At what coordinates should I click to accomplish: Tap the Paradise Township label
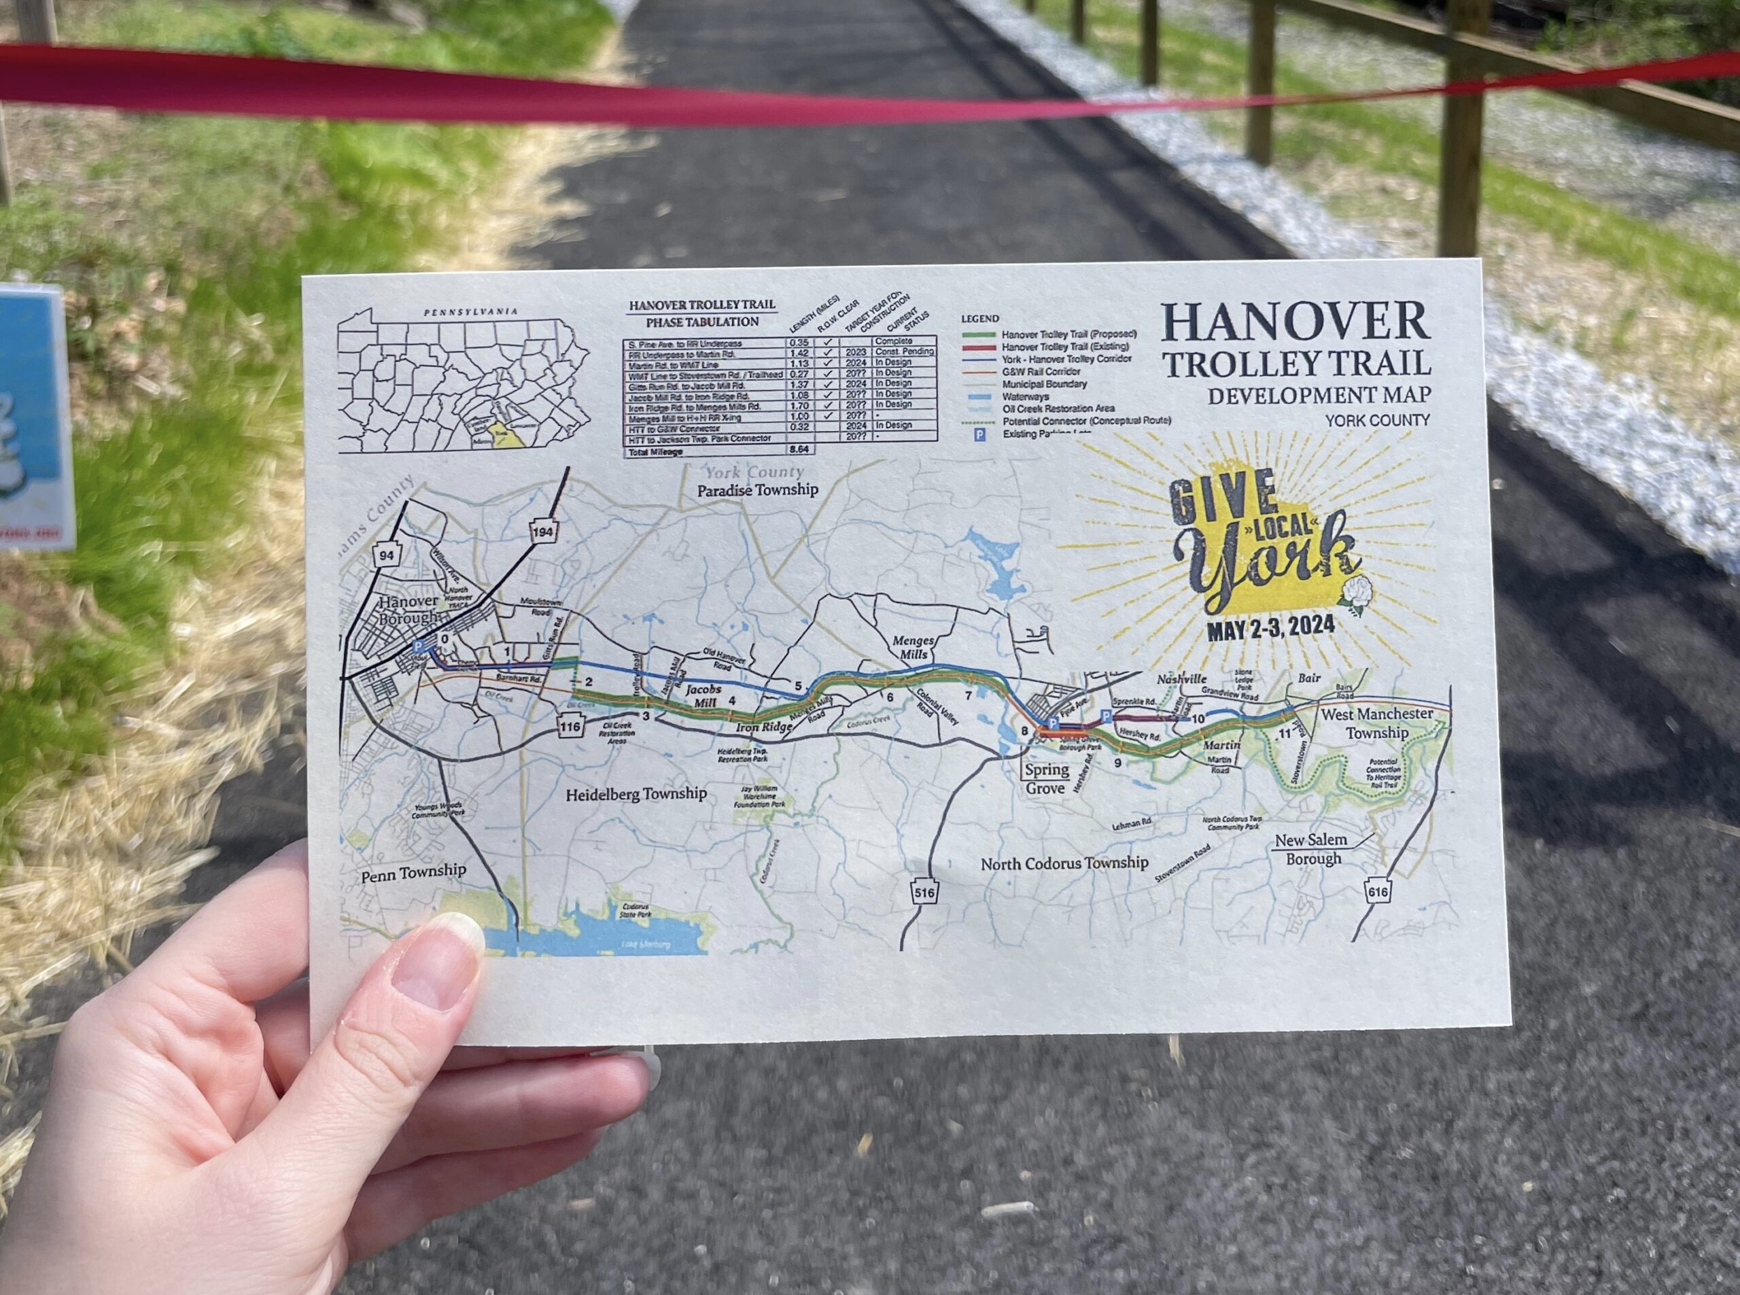tap(758, 490)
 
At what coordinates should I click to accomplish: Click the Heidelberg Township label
tap(636, 794)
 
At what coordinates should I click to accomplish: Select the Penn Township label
tap(413, 871)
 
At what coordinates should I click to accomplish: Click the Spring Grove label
tap(1046, 778)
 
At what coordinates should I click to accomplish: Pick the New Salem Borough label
tap(1311, 849)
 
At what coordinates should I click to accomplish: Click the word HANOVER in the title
tap(1296, 323)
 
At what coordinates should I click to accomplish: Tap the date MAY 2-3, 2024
tap(1270, 629)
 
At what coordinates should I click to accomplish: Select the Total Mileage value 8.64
tap(799, 450)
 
